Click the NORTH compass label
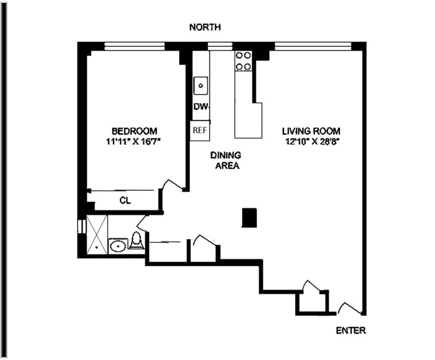point(205,27)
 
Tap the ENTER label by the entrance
point(351,330)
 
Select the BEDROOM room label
point(134,131)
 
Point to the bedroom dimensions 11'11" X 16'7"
point(133,142)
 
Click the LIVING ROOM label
point(311,131)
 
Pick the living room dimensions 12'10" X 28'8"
point(313,142)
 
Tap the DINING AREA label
point(226,160)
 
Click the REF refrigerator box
point(200,131)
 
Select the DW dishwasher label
point(200,107)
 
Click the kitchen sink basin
point(201,86)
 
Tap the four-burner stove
point(243,61)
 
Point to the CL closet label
point(125,200)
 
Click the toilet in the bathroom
point(136,240)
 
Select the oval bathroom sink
point(118,246)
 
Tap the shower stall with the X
point(97,234)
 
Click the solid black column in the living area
point(250,218)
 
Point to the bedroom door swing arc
point(172,184)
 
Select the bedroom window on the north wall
point(134,46)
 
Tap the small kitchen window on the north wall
point(220,46)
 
